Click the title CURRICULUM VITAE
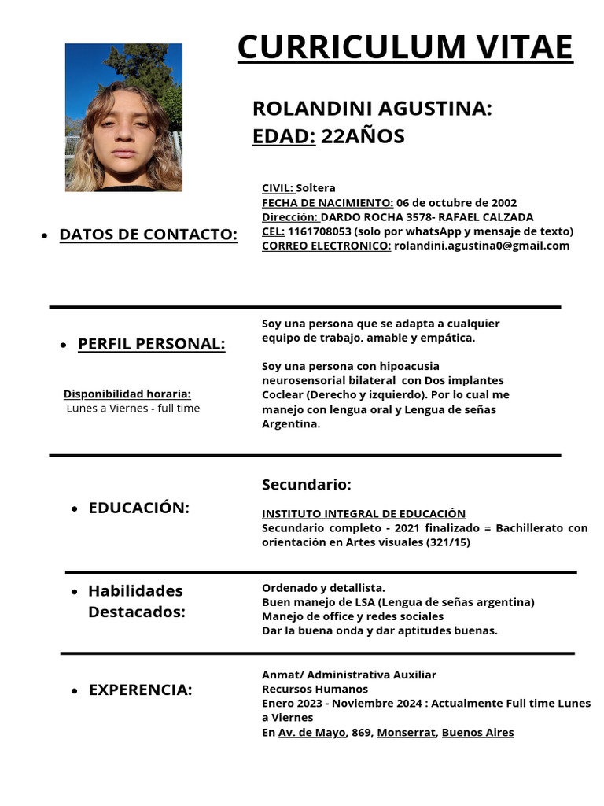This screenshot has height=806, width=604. tap(405, 47)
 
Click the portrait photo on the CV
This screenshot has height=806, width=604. tap(123, 117)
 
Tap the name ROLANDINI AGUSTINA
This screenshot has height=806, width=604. tap(370, 109)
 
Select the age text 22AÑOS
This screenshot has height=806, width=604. tap(363, 136)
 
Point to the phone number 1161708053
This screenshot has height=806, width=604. tap(320, 231)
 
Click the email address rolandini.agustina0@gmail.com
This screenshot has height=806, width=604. tap(481, 246)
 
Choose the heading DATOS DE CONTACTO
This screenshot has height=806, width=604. tap(148, 235)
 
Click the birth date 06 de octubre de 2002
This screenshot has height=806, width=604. tap(456, 202)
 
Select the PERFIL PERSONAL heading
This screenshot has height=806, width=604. tap(151, 344)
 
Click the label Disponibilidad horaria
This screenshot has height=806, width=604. tap(127, 394)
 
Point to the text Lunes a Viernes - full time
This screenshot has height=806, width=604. tap(133, 409)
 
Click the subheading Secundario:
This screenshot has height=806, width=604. tap(306, 485)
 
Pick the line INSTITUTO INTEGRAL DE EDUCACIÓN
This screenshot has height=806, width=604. tap(363, 513)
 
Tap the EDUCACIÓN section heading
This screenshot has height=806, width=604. tap(138, 508)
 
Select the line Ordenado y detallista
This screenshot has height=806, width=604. tap(323, 588)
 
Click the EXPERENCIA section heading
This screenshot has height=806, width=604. tap(140, 690)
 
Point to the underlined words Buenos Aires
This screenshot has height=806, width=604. tap(477, 733)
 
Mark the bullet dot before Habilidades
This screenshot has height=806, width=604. tap(74, 592)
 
